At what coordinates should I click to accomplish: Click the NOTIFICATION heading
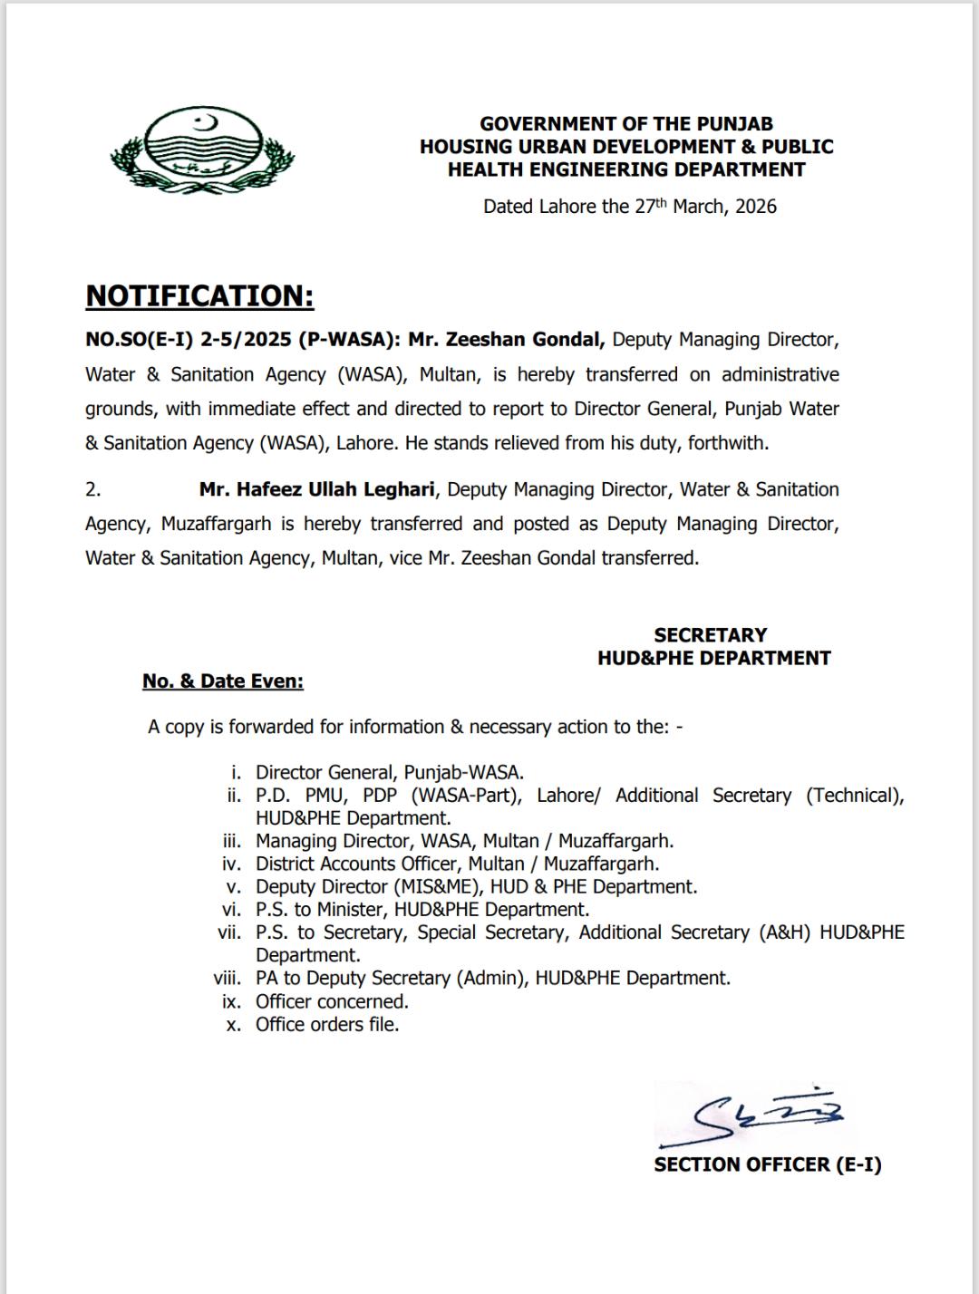tap(199, 295)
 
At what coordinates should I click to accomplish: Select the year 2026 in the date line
tap(756, 207)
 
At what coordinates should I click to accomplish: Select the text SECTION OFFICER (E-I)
tap(767, 1164)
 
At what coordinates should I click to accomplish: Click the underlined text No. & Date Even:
tap(222, 681)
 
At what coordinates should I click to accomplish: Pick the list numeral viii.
tap(228, 979)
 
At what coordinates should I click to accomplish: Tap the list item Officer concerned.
tap(332, 1001)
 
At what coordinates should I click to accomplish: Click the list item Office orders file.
tap(327, 1025)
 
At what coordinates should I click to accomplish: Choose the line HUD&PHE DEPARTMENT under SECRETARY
tap(713, 659)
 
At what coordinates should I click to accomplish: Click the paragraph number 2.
tap(93, 489)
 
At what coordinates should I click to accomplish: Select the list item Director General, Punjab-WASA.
tap(390, 773)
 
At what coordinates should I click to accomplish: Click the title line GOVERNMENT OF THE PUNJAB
tap(626, 124)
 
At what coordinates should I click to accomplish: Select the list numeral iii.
tap(232, 841)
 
